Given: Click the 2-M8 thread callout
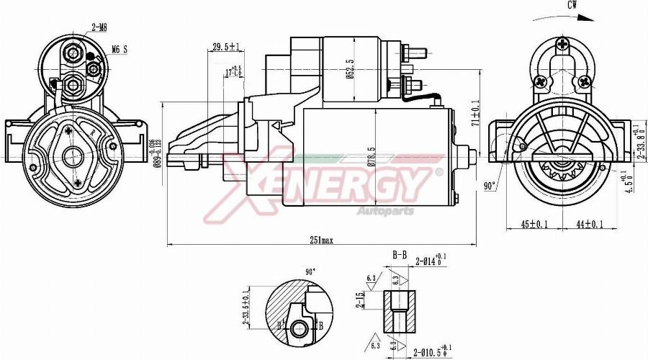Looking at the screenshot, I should tap(99, 27).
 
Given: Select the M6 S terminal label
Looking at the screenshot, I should tap(120, 50).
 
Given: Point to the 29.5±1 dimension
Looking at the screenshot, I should tap(225, 48).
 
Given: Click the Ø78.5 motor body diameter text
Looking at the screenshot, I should tap(370, 158).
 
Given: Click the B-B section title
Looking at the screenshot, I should tap(400, 255).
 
